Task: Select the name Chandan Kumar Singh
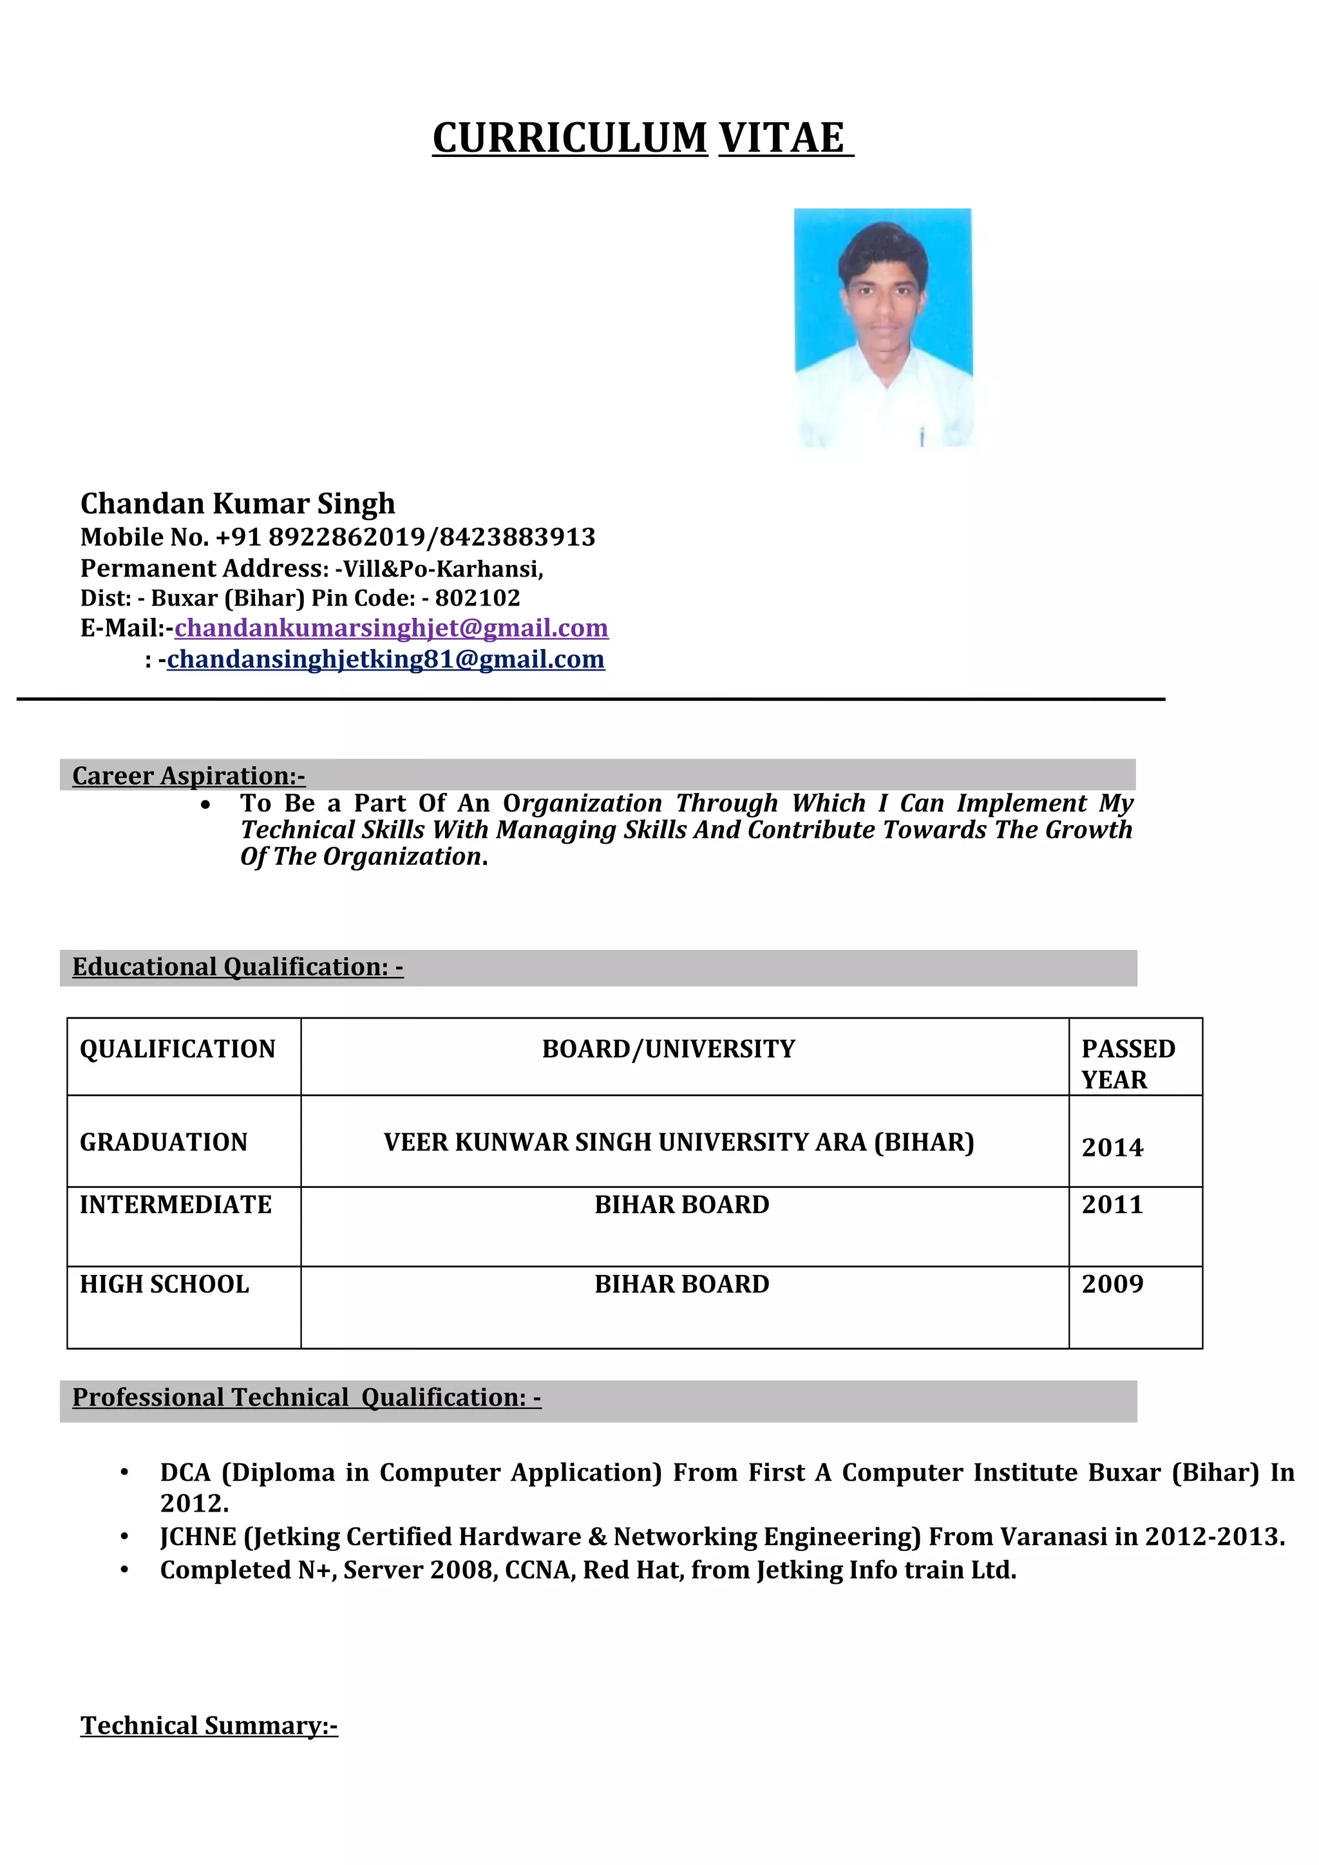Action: (237, 504)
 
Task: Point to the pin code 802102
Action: (477, 598)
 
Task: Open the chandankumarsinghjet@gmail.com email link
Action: (391, 628)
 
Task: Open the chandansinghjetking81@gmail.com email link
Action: (385, 659)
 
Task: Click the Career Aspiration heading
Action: (189, 775)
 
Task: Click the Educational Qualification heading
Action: (237, 967)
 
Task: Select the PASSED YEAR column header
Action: (1127, 1063)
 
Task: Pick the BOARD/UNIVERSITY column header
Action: (668, 1048)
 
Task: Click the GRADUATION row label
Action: (164, 1142)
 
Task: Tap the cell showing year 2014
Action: (1112, 1147)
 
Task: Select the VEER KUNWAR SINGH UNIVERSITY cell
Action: (679, 1142)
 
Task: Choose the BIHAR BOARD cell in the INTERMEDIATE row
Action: (681, 1205)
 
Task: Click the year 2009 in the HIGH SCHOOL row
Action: (1112, 1285)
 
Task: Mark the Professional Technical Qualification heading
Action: (307, 1397)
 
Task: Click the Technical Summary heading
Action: (209, 1725)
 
